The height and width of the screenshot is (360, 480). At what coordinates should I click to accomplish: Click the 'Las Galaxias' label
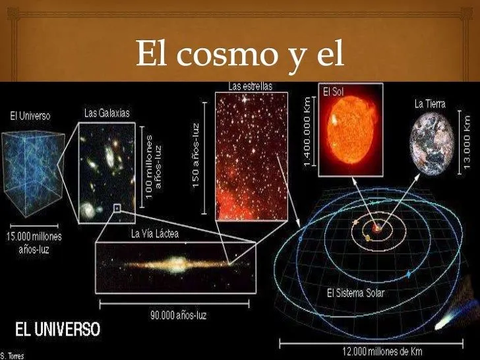click(x=107, y=113)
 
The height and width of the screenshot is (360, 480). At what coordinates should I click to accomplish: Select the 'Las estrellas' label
click(x=250, y=86)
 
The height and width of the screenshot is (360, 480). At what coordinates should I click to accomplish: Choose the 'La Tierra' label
click(x=429, y=104)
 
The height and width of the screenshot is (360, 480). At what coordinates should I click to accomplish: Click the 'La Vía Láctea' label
click(x=155, y=233)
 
